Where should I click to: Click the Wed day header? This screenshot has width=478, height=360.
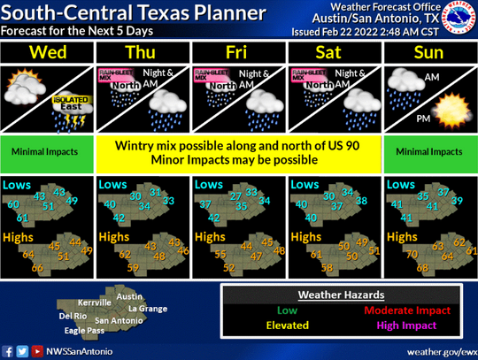pyautogui.click(x=48, y=52)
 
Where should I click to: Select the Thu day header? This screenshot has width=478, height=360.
pyautogui.click(x=143, y=52)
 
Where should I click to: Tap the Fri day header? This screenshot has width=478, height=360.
pyautogui.click(x=240, y=52)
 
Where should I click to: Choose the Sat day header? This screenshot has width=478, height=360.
pyautogui.click(x=335, y=52)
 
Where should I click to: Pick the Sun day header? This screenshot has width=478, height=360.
pyautogui.click(x=430, y=52)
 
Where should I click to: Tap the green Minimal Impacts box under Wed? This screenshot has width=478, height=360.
pyautogui.click(x=48, y=151)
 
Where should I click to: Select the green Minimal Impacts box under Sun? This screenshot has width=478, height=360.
pyautogui.click(x=430, y=151)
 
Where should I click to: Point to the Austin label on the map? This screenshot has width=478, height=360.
pyautogui.click(x=129, y=296)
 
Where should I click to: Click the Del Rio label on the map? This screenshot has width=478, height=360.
pyautogui.click(x=71, y=316)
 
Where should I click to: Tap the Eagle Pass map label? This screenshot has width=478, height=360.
pyautogui.click(x=84, y=331)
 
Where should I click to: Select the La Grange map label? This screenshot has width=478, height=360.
pyautogui.click(x=147, y=309)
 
